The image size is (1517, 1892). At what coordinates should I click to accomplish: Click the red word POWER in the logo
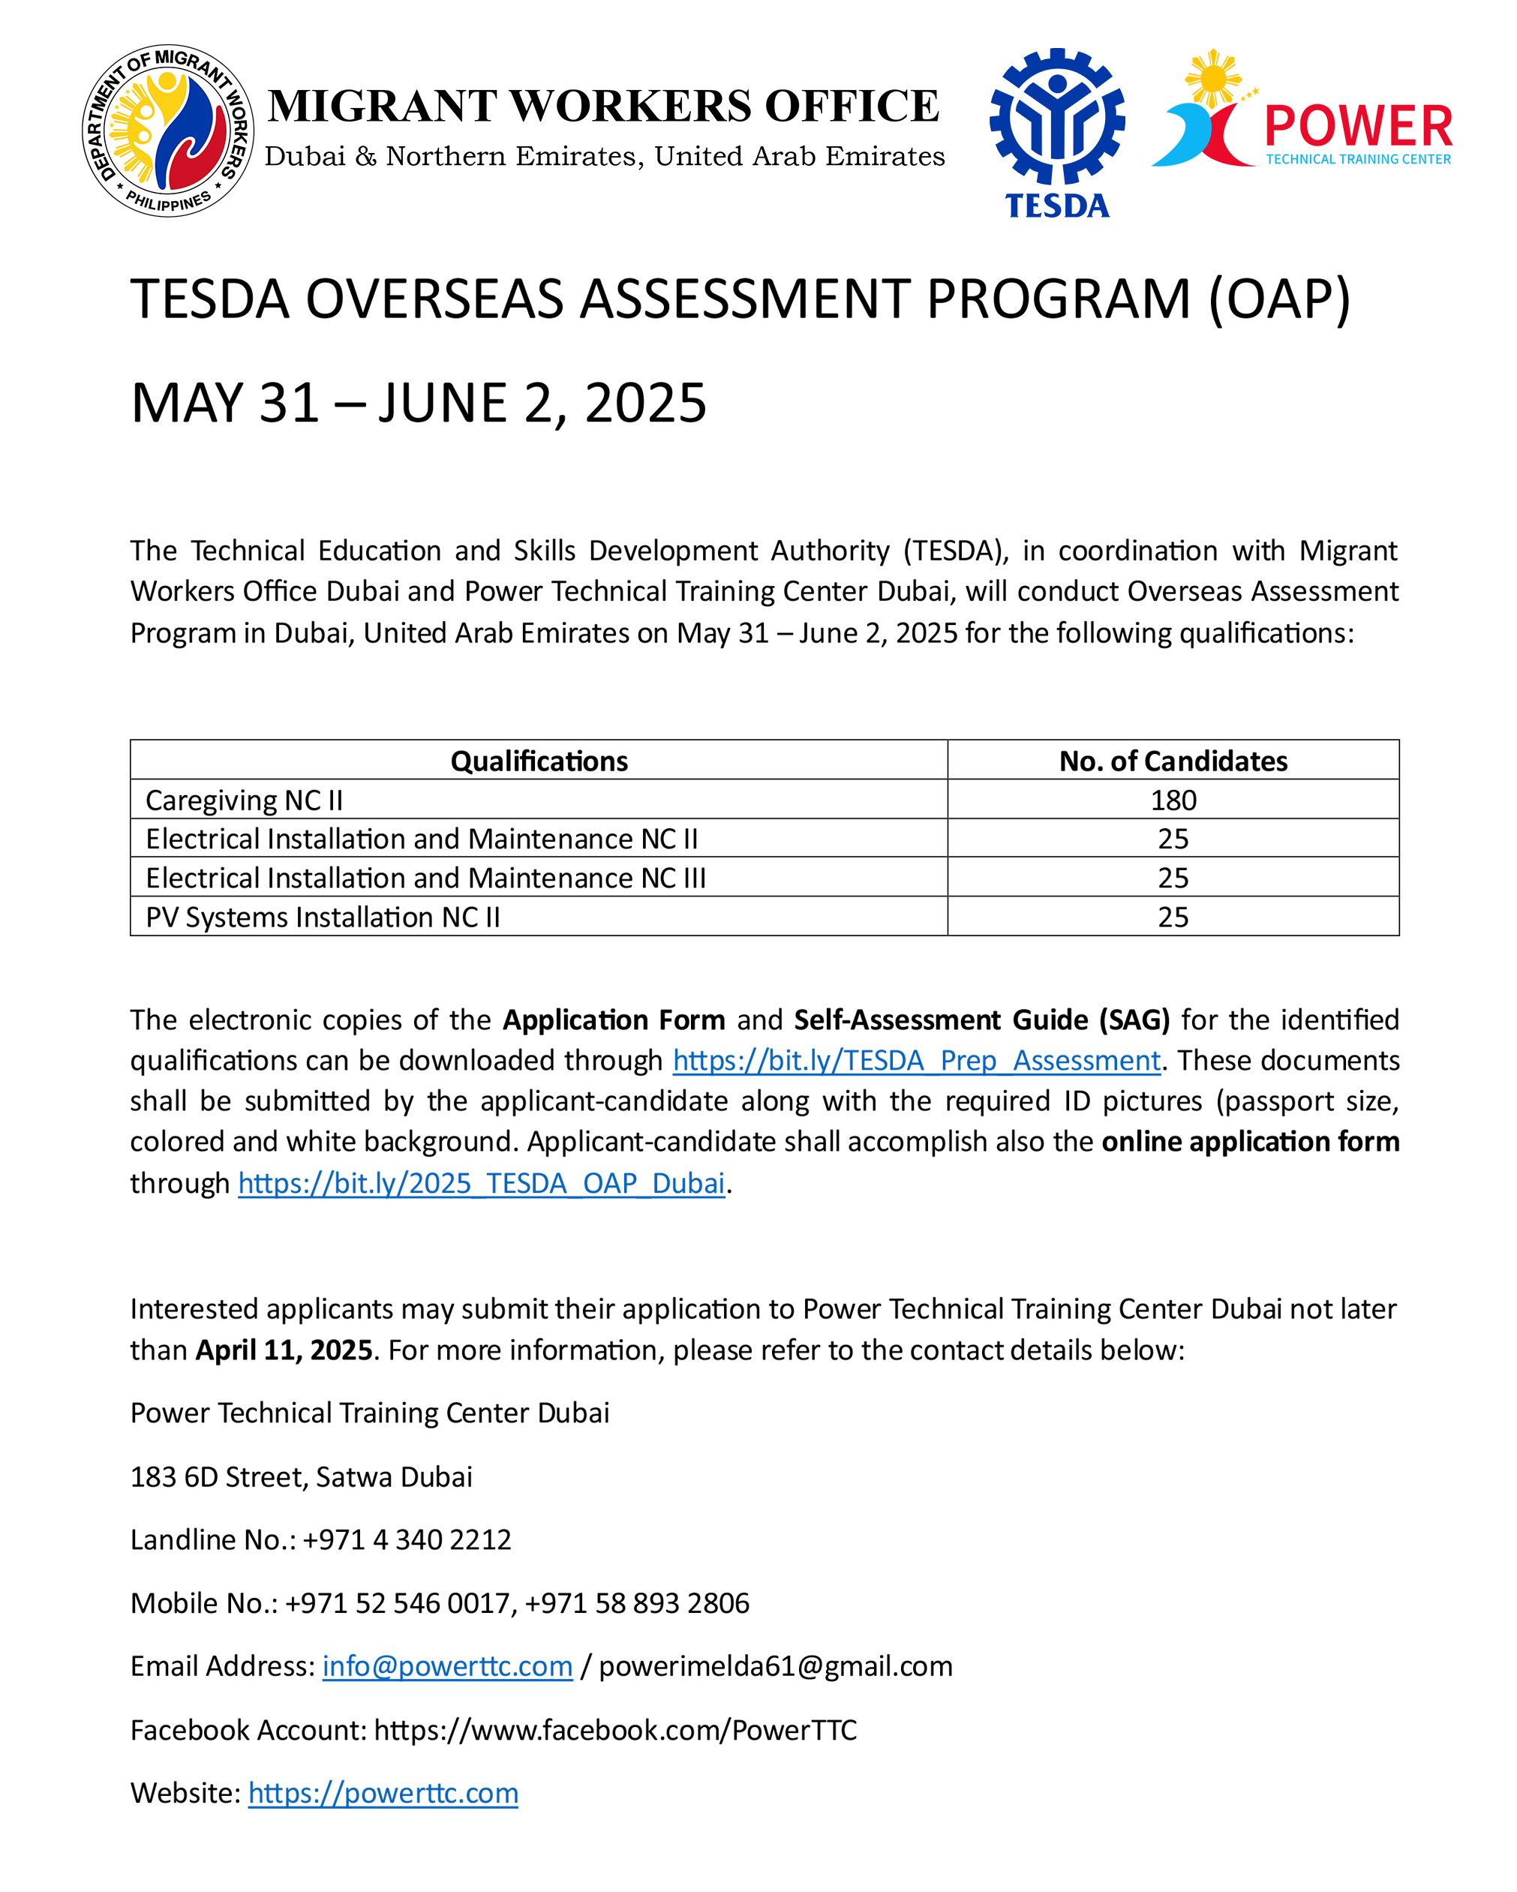pyautogui.click(x=1358, y=126)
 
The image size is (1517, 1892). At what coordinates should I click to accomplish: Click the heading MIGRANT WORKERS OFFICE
pyautogui.click(x=604, y=107)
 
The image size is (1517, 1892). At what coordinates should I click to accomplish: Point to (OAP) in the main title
pyautogui.click(x=1278, y=299)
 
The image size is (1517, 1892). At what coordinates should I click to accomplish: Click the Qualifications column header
pyautogui.click(x=539, y=761)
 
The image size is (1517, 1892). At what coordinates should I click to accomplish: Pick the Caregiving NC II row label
pyautogui.click(x=244, y=800)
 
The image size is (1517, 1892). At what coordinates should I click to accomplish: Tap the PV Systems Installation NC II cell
pyautogui.click(x=323, y=917)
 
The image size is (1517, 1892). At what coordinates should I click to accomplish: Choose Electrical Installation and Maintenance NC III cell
pyautogui.click(x=425, y=878)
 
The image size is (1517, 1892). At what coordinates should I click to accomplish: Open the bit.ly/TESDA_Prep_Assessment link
pyautogui.click(x=916, y=1061)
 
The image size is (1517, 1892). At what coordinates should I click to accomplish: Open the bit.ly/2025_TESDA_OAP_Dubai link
pyautogui.click(x=481, y=1184)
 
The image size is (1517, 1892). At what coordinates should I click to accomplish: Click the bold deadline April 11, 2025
pyautogui.click(x=284, y=1350)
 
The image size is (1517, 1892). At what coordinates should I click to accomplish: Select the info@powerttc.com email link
pyautogui.click(x=446, y=1666)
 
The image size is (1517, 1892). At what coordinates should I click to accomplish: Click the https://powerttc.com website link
pyautogui.click(x=383, y=1793)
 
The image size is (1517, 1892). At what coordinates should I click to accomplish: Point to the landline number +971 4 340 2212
pyautogui.click(x=406, y=1540)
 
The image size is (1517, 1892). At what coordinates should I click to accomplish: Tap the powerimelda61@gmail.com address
pyautogui.click(x=775, y=1666)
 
